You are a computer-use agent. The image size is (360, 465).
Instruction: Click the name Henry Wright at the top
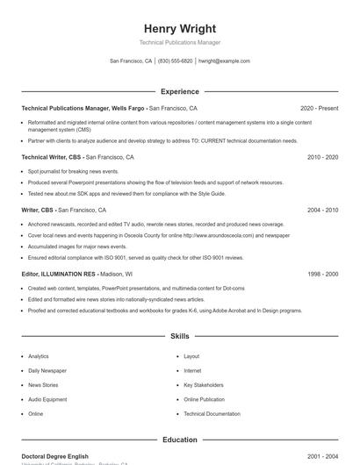tap(179, 28)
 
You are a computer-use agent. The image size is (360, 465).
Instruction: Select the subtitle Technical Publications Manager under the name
tap(179, 43)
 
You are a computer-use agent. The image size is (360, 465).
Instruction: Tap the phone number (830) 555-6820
tap(175, 61)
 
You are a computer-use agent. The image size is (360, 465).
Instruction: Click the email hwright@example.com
tap(224, 61)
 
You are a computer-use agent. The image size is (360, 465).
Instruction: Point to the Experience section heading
tap(179, 91)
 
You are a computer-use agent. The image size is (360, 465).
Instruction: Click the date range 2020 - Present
tap(319, 108)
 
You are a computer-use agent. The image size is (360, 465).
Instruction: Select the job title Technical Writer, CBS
tap(51, 157)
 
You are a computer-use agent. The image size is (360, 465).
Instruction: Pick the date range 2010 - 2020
tap(322, 157)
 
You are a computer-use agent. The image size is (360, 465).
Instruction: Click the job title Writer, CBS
tap(38, 211)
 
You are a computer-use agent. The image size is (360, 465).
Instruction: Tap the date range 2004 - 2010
tap(322, 211)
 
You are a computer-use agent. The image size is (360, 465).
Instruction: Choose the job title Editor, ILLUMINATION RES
tap(58, 274)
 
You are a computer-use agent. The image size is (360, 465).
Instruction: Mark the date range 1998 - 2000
tap(322, 274)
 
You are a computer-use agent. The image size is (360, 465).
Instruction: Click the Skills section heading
tap(179, 336)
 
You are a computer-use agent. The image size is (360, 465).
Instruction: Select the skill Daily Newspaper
tap(47, 370)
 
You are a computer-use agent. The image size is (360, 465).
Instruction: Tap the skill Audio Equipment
tap(47, 399)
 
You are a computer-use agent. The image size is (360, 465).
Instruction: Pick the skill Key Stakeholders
tap(204, 385)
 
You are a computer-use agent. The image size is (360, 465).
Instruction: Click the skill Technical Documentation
tap(212, 413)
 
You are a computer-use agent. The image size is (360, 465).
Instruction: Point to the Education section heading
tap(179, 440)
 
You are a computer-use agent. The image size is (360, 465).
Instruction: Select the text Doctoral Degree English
tap(54, 456)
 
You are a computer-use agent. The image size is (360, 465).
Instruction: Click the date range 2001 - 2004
tap(322, 456)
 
